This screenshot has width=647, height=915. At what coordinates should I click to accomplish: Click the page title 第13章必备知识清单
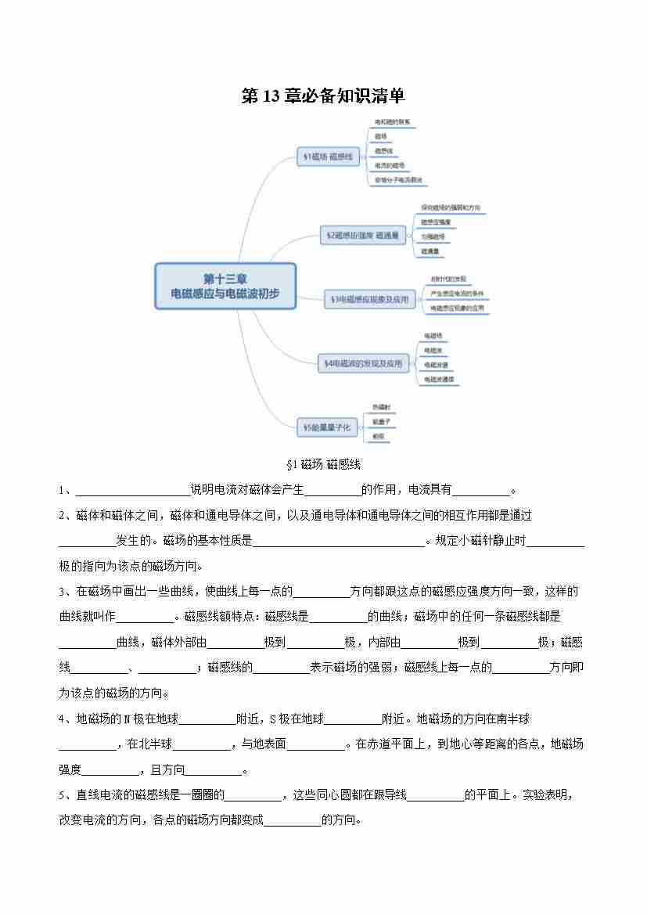[x=323, y=96]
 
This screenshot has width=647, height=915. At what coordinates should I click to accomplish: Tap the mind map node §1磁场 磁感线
[x=327, y=157]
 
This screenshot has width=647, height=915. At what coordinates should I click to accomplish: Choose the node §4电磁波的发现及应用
[x=364, y=363]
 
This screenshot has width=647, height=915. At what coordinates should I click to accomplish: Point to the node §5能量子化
[x=329, y=427]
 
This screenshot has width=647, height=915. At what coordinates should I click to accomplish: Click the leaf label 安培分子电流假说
[x=397, y=180]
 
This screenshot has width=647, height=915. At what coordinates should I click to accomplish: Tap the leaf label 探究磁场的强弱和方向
[x=450, y=208]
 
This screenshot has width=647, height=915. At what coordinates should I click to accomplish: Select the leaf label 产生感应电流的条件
[x=457, y=294]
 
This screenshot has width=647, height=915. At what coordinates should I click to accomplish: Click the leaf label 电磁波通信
[x=439, y=379]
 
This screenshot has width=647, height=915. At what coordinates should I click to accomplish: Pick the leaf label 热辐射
[x=381, y=407]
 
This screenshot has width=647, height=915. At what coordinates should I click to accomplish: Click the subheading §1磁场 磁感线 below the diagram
[x=323, y=465]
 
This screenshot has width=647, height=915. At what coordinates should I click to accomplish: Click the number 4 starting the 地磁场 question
[x=62, y=719]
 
